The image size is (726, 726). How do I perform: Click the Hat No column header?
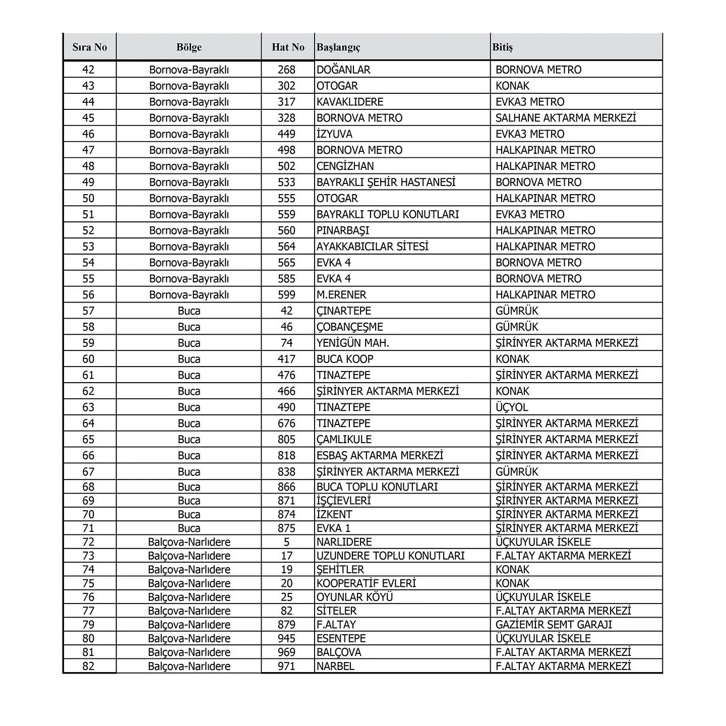coord(288,47)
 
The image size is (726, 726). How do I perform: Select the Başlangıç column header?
coord(338,47)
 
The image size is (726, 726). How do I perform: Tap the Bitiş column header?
coord(503,47)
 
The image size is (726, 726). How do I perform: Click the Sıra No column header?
coord(90,47)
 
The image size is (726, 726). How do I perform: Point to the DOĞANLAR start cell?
coord(343,70)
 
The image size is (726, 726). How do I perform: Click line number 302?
coord(287,86)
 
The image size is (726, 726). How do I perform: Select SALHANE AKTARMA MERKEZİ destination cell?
coord(566,118)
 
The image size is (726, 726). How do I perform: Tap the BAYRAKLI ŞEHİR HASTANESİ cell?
coord(386,183)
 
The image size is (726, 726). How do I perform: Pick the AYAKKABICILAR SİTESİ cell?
coord(373,247)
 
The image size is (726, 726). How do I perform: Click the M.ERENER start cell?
coord(341,295)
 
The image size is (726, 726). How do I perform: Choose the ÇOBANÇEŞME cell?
coord(350,327)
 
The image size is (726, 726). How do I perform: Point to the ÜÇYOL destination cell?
coord(512,407)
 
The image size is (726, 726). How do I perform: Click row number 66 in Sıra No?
coord(88,456)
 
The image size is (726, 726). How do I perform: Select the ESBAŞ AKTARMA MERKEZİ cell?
coord(380,456)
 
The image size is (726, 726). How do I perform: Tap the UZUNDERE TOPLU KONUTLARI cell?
coord(390,556)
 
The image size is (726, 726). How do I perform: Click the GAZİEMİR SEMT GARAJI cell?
coord(554,625)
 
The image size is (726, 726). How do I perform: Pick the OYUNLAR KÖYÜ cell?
coord(354,597)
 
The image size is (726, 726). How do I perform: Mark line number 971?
coord(287,666)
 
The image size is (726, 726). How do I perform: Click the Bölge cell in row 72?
coord(189,542)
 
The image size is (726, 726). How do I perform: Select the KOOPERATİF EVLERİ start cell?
coord(366,583)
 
